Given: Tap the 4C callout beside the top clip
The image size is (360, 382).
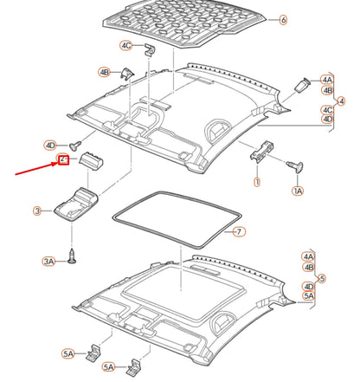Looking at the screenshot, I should [x=126, y=44].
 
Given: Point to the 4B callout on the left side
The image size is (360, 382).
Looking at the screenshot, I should [x=104, y=73].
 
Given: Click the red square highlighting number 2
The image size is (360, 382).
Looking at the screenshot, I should [x=63, y=160].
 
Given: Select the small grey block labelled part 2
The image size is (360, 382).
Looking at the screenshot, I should [x=91, y=161].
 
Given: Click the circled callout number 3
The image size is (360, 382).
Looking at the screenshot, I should [x=36, y=210].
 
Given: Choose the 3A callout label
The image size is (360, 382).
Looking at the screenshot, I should [x=48, y=260].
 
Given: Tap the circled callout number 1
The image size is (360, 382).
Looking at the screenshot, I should [x=256, y=183].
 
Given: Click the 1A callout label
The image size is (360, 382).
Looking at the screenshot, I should [x=299, y=190].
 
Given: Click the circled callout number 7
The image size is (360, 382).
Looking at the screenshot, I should [x=240, y=232].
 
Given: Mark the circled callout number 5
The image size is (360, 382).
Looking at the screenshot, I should [x=321, y=278].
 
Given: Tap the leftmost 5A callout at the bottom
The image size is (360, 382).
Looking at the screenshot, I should [x=68, y=353].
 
